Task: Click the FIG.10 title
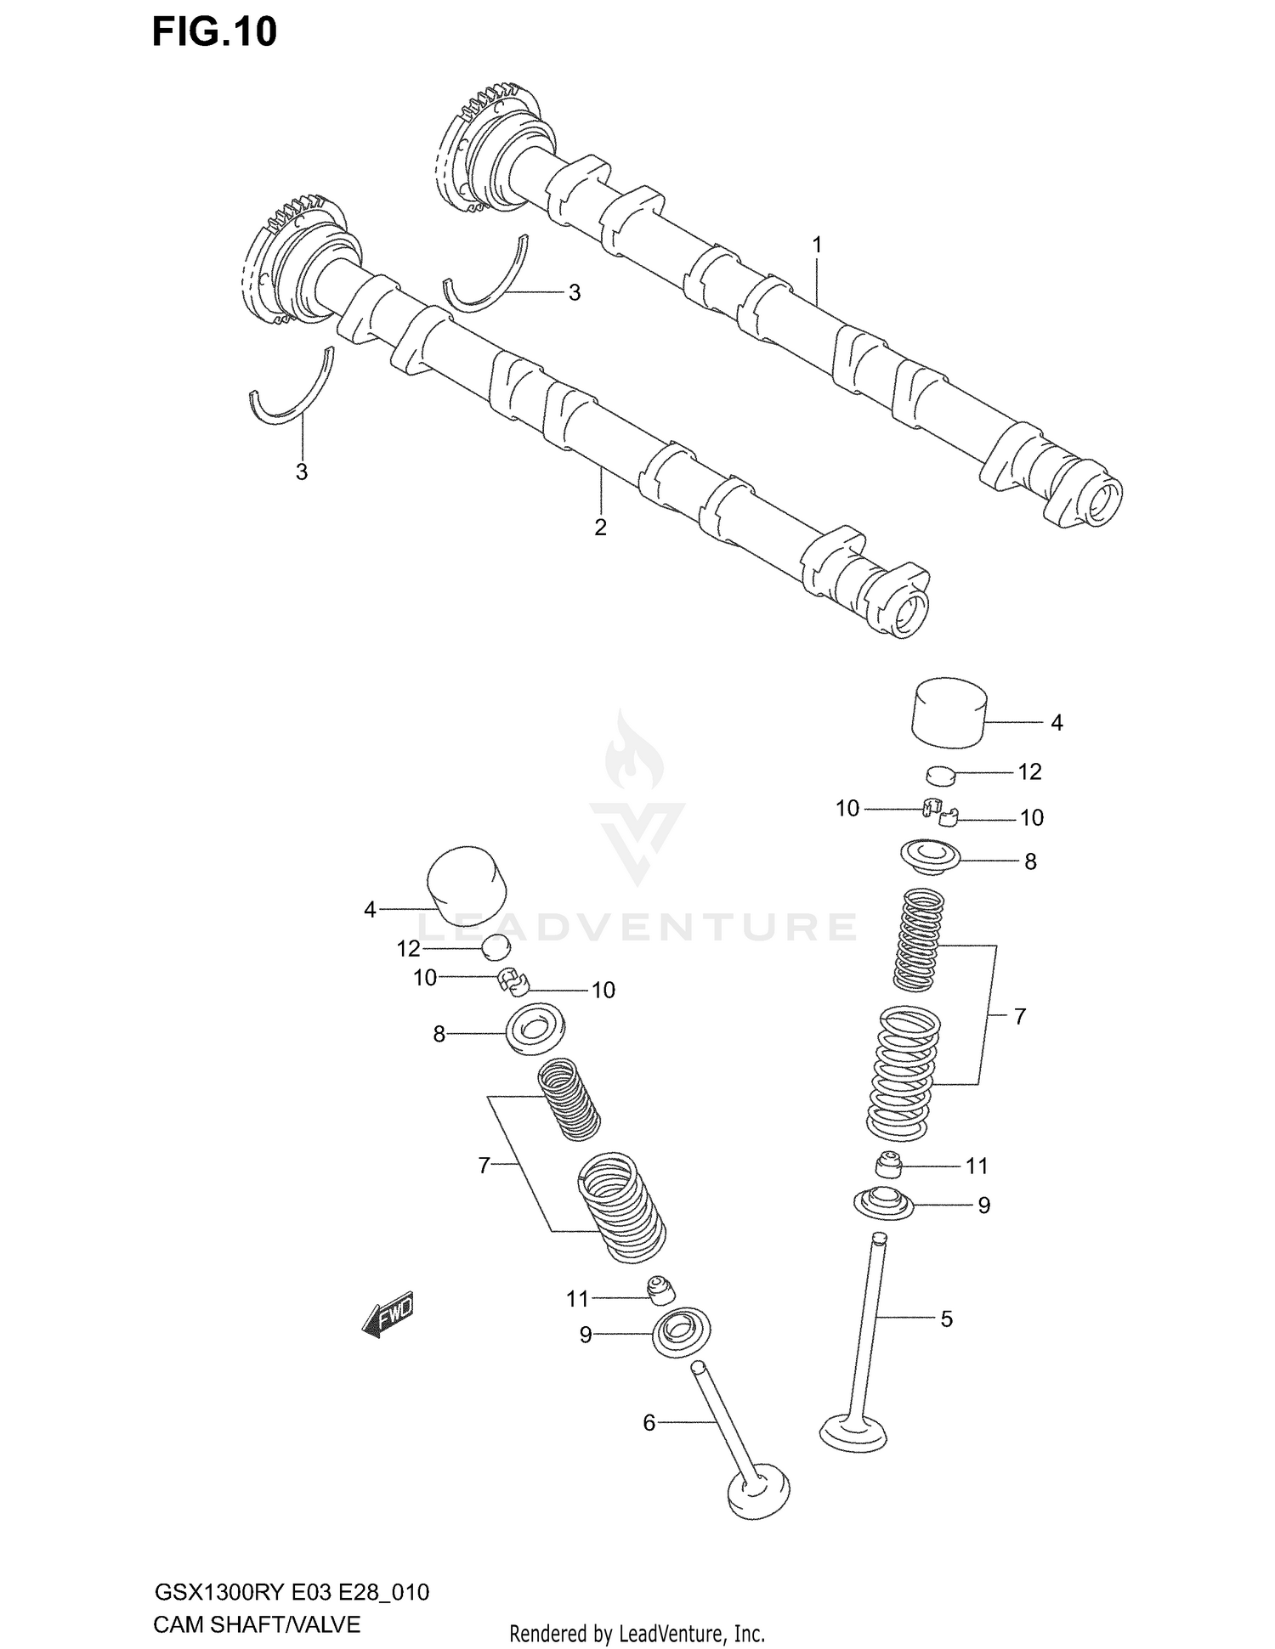(x=214, y=32)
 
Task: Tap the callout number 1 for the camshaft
(x=817, y=246)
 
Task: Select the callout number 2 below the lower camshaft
(x=600, y=528)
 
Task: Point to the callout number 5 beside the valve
(x=946, y=1319)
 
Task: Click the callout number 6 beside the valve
(x=649, y=1422)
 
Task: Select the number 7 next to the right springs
(x=1019, y=1016)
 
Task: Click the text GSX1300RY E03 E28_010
(x=291, y=1591)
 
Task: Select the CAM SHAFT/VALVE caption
(x=257, y=1624)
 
